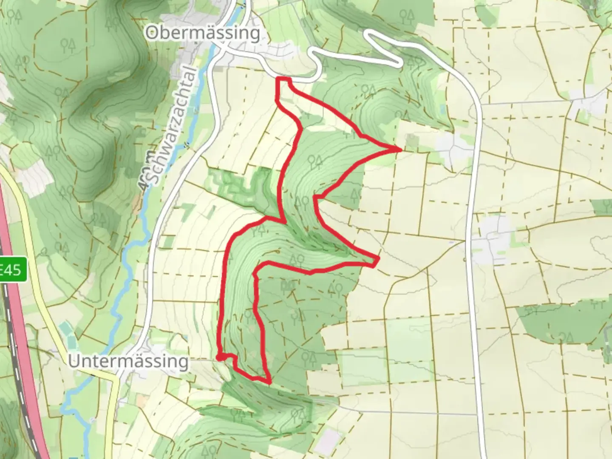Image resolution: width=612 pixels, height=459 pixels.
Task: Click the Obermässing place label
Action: (203, 33)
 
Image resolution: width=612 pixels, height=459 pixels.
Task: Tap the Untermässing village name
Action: (128, 362)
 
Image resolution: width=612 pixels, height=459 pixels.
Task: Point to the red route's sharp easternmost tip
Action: (401, 149)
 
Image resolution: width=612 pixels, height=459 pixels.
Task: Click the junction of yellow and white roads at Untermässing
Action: (117, 378)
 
